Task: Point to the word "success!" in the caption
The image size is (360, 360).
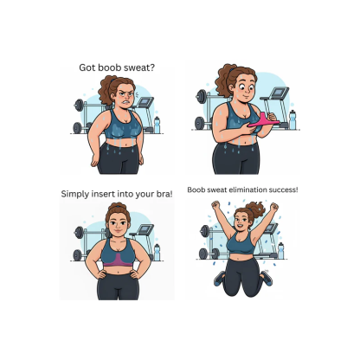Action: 275,189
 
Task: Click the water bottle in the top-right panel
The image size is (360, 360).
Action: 292,119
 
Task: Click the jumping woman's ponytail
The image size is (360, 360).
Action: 257,209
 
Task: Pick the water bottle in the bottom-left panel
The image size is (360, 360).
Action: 156,252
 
